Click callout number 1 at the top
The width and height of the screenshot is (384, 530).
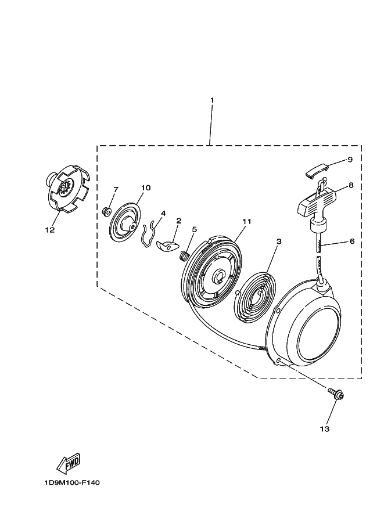tap(212, 100)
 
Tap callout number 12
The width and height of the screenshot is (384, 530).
tap(49, 230)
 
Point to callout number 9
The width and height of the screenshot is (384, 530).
tap(350, 159)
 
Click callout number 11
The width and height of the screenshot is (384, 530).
tap(246, 221)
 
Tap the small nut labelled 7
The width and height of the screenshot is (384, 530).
tap(106, 210)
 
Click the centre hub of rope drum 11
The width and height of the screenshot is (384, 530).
tap(220, 276)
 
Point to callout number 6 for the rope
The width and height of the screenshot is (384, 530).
tap(353, 240)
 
